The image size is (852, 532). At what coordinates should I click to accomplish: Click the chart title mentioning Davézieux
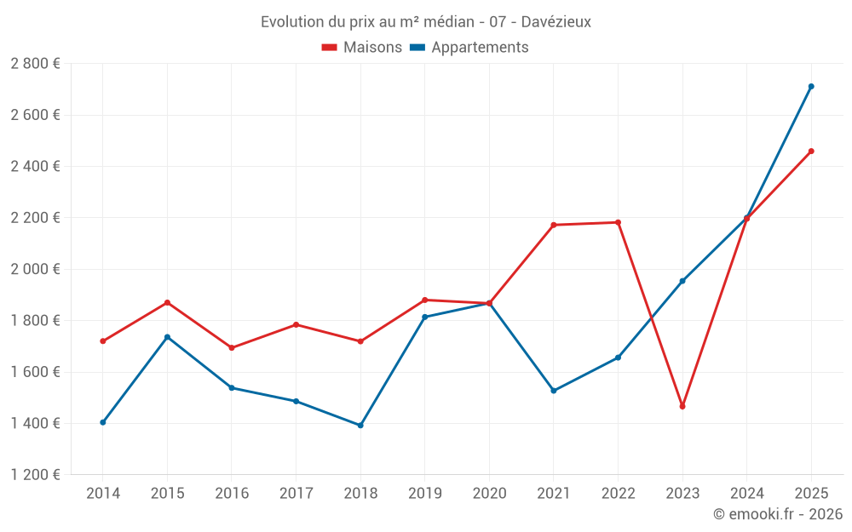[x=426, y=21]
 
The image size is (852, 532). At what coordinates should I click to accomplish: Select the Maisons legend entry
[x=362, y=48]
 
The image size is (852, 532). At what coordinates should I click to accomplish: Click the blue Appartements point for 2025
[x=811, y=86]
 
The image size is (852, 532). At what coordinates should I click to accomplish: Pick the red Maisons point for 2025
[x=811, y=152]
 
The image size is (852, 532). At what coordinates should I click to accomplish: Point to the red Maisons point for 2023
[x=682, y=406]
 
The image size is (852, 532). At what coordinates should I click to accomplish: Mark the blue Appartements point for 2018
[x=360, y=426]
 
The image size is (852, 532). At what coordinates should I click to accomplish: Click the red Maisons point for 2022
[x=618, y=222]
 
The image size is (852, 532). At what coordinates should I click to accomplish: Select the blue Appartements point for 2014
[x=103, y=422]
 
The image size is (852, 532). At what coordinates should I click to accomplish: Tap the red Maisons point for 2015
[x=167, y=302]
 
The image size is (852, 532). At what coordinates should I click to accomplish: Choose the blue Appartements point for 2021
[x=554, y=391]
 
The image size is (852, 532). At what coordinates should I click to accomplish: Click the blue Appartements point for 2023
[x=682, y=281]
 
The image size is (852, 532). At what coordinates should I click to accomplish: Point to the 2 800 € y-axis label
[x=35, y=64]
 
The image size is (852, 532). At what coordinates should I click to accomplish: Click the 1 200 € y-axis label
[x=35, y=475]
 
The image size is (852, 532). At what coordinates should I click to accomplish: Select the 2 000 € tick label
[x=35, y=269]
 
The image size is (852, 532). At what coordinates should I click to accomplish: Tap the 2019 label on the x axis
[x=424, y=493]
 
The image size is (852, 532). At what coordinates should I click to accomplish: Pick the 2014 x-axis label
[x=103, y=493]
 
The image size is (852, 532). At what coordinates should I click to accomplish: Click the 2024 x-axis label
[x=746, y=493]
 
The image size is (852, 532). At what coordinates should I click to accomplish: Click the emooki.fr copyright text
[x=777, y=514]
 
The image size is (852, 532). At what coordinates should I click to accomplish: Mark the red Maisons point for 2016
[x=232, y=347]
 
